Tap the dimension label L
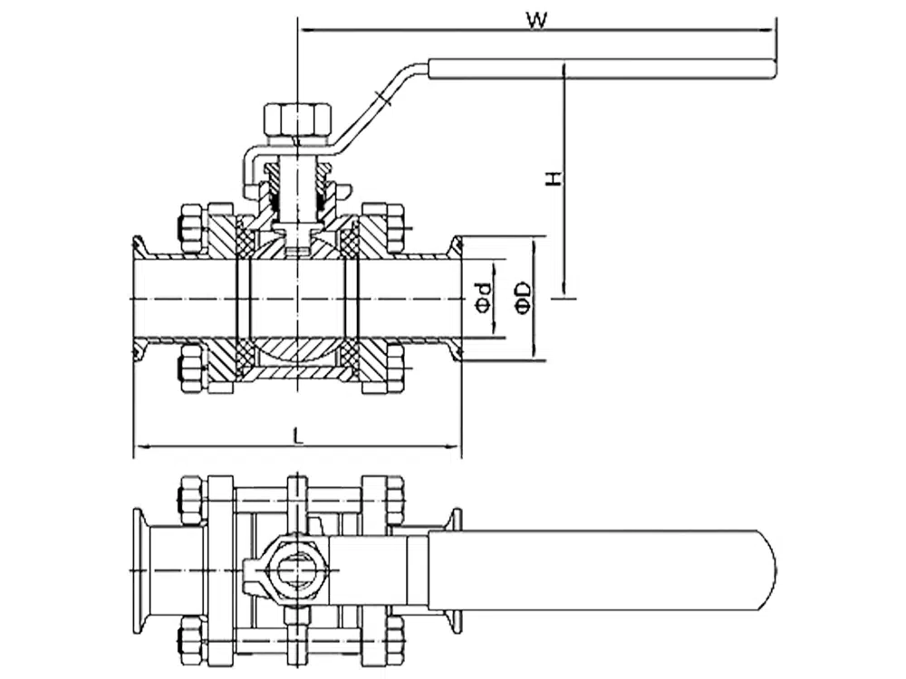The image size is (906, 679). pos(298,435)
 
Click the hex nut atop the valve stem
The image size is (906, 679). pos(297,120)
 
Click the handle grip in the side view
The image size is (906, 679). pos(602,69)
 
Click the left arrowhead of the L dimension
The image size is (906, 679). pos(139,445)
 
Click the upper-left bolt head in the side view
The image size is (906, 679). pos(191,228)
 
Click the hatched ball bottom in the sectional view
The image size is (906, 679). pos(297,355)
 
